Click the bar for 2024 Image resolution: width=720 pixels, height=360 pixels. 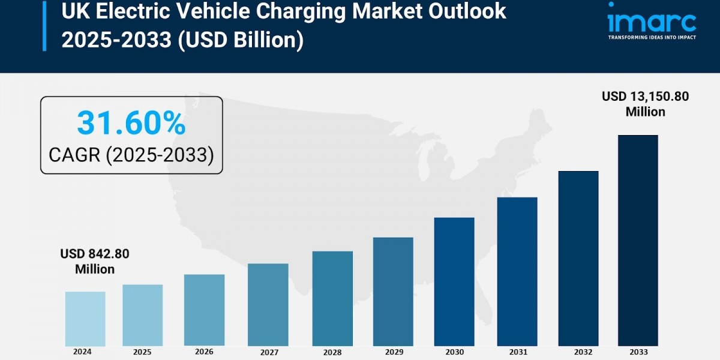point(85,319)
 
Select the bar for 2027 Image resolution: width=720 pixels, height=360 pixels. point(268,305)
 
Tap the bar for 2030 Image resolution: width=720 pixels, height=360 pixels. point(454,281)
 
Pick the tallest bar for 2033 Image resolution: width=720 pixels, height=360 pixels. point(638,240)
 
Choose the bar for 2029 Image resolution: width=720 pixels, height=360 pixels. point(393,292)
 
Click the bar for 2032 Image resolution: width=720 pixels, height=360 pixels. point(578,258)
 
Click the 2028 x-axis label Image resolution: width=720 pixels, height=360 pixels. point(332,353)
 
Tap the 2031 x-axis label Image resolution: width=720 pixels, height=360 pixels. point(517,352)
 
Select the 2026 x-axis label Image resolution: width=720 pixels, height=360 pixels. point(205,352)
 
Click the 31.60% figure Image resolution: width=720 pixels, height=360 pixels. point(131,124)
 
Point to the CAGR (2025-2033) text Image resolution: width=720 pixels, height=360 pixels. point(131,155)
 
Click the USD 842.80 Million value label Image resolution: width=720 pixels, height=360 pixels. point(95,262)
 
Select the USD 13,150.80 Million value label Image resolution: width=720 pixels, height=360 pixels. point(646,104)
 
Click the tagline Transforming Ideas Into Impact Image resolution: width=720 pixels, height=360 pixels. point(652,37)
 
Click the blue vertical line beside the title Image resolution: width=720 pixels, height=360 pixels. point(44,26)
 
